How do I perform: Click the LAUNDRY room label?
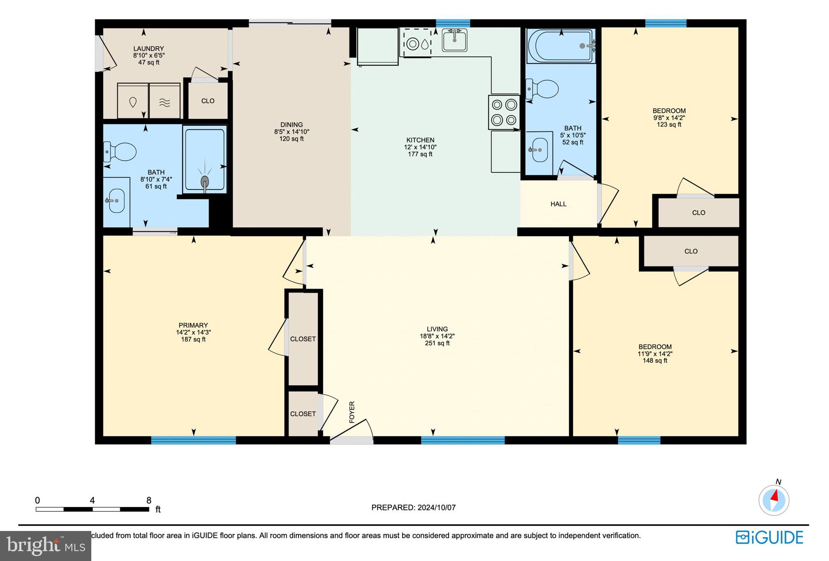(148, 49)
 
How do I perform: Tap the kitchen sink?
(454, 40)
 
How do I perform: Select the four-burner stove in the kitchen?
(504, 112)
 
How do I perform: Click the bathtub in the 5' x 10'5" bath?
(561, 46)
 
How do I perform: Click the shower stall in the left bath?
(204, 160)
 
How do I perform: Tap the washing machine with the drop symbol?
(133, 102)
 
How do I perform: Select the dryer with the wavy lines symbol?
(164, 102)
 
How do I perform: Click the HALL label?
(558, 204)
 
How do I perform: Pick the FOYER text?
(352, 412)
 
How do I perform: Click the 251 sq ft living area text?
(437, 343)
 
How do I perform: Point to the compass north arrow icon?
(774, 500)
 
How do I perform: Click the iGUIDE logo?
(769, 538)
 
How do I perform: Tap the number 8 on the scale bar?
(149, 501)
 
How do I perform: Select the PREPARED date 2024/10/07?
(413, 508)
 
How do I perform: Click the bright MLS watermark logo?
(46, 546)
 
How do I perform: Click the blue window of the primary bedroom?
(193, 440)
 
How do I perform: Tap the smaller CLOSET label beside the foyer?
(303, 414)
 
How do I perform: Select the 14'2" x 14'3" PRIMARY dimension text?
(193, 332)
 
